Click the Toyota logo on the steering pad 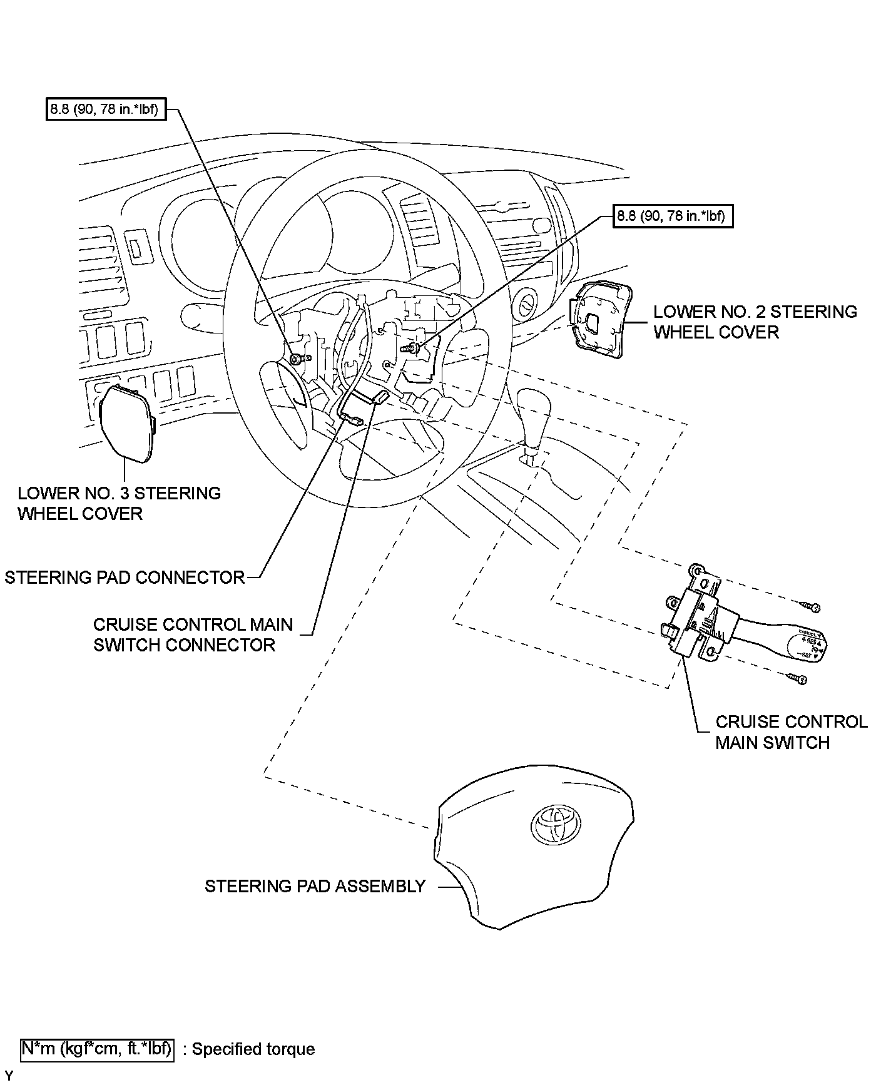coord(556,822)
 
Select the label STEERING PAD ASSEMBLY coord(315,886)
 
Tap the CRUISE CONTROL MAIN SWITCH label coord(791,732)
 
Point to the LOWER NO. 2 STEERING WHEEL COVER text coord(755,322)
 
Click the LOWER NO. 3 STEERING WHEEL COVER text coord(119,503)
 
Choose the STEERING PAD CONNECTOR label coord(125,577)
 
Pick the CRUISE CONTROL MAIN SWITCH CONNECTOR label coord(193,634)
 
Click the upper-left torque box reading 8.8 coord(106,110)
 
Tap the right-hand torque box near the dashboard coord(672,216)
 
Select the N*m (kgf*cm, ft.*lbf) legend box coord(97,1049)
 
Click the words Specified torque coord(253,1049)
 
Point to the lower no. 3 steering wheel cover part coord(126,423)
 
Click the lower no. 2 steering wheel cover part coord(599,320)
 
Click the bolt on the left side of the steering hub coord(298,358)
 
